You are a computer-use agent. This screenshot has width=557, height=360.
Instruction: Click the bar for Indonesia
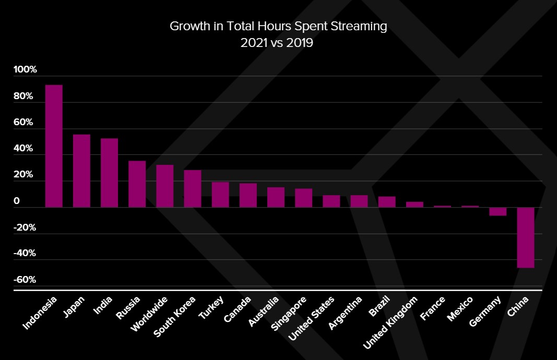tap(54, 146)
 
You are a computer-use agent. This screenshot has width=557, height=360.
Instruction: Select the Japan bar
tap(81, 171)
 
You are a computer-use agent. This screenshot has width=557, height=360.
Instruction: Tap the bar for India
tap(109, 173)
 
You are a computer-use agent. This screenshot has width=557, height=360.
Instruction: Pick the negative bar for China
tap(526, 237)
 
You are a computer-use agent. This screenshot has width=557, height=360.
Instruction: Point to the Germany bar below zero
tap(497, 211)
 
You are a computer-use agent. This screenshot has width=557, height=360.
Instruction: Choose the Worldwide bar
tap(165, 186)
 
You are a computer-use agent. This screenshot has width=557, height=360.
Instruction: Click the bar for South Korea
tap(193, 188)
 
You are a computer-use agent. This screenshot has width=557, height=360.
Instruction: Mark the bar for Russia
tap(137, 184)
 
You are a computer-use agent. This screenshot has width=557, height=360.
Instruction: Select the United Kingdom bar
tap(414, 205)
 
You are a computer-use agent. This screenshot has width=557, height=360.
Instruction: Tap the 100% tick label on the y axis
tap(25, 70)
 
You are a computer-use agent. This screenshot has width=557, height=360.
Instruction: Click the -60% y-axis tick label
tap(25, 280)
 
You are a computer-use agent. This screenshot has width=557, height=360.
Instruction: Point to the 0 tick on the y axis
tap(17, 201)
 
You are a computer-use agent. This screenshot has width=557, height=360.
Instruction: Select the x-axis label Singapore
tap(289, 315)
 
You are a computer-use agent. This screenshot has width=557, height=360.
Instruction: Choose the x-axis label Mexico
tap(460, 309)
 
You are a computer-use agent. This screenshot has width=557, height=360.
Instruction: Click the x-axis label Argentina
tap(345, 314)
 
